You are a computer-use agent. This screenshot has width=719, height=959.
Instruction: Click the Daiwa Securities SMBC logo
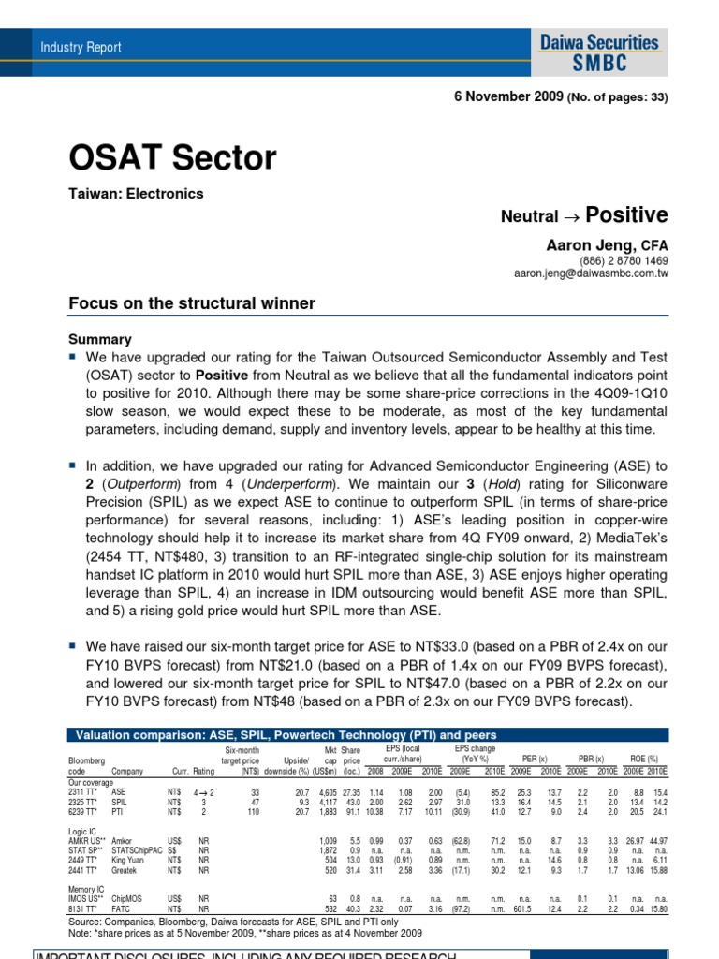tap(599, 52)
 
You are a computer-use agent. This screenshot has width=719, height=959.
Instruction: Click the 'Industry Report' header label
tap(81, 47)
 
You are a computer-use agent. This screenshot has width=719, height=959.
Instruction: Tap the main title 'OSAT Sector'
tap(173, 158)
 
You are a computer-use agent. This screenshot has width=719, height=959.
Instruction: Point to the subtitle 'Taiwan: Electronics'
tap(137, 194)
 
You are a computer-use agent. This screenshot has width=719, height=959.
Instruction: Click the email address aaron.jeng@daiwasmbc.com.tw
tap(591, 273)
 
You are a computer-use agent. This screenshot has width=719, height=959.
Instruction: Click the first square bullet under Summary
tap(74, 358)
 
